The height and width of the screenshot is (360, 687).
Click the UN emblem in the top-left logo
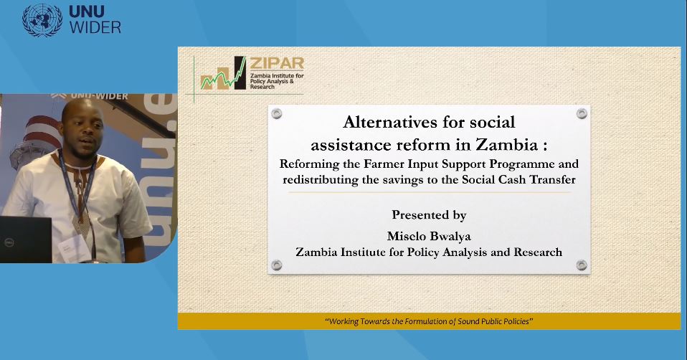coord(42,20)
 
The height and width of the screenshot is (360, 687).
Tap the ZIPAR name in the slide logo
coord(277,64)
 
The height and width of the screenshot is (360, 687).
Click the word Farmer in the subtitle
coord(379,164)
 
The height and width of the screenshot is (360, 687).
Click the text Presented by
coord(429,214)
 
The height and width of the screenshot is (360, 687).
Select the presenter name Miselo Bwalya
coord(429,236)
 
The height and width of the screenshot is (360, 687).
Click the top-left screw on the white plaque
coord(277,114)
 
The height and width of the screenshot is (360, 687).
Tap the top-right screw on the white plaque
coord(582,113)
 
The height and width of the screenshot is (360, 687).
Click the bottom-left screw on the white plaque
coord(277,265)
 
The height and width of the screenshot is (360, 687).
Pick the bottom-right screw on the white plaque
coord(582,265)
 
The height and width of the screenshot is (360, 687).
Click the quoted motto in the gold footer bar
coord(429,321)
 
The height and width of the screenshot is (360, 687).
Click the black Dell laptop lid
coord(25,239)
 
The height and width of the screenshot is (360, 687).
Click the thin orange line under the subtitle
coord(429,192)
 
